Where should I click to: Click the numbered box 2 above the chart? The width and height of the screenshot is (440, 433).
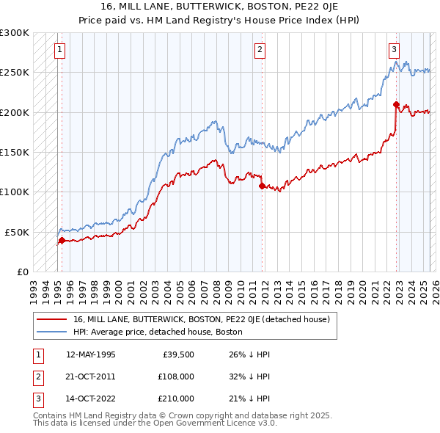[260, 50]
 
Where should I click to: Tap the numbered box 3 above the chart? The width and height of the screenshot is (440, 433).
[394, 50]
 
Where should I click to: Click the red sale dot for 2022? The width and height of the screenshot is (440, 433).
[396, 104]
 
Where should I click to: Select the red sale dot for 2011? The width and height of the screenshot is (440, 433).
[262, 186]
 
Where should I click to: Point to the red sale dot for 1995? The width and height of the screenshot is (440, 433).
[62, 240]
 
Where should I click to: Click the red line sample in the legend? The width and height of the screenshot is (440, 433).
[52, 319]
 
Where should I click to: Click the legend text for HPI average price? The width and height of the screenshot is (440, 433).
[157, 332]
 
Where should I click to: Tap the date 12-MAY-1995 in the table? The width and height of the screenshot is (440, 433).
[90, 354]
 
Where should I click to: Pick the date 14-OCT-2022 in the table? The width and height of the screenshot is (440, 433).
[90, 399]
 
